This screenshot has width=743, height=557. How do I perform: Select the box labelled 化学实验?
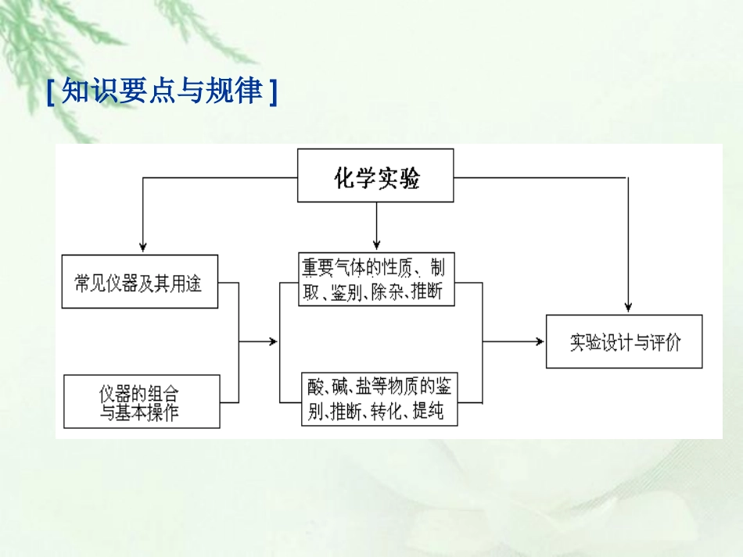(x=376, y=177)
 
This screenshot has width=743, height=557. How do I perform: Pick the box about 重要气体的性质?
(x=375, y=280)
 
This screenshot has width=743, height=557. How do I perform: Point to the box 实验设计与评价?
(x=624, y=341)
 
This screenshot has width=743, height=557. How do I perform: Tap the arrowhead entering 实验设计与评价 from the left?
(x=539, y=341)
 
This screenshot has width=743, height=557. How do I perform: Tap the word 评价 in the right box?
(x=666, y=342)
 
